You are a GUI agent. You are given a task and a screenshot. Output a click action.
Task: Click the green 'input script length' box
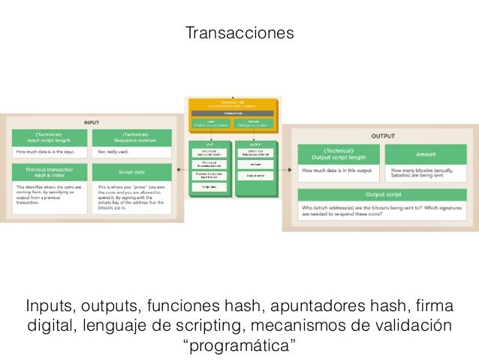coord(50,138)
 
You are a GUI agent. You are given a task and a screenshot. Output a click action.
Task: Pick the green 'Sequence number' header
coord(131,138)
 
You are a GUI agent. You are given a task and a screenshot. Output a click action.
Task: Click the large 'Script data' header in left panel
coord(131,171)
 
